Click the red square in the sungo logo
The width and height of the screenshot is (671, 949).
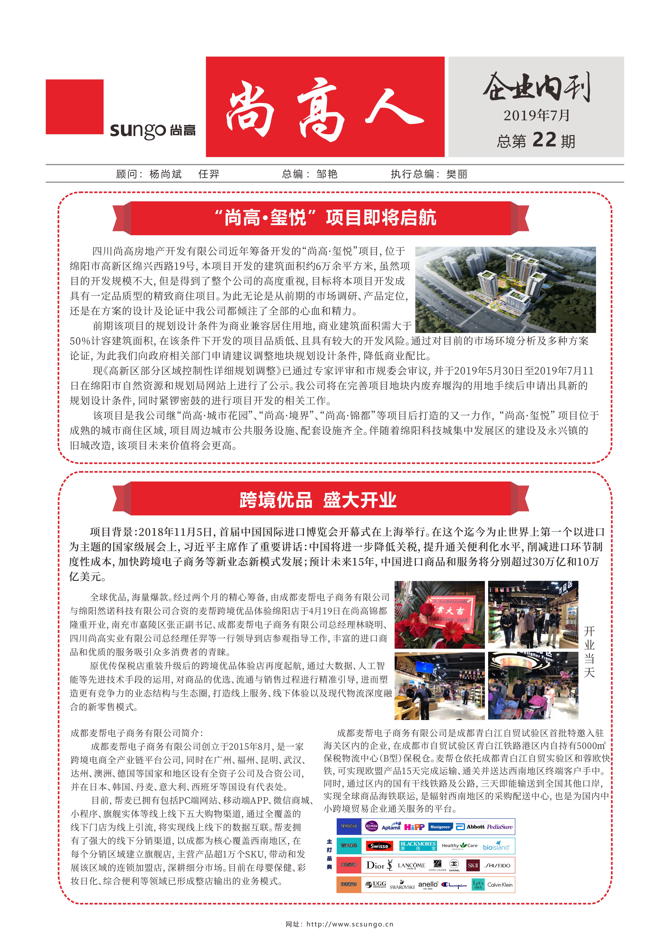pos(74,107)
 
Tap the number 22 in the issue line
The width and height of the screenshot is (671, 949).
pos(544,140)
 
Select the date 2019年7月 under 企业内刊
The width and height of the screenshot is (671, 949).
pos(536,115)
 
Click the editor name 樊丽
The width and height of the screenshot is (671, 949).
pos(457,174)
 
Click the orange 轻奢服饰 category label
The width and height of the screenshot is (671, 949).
pos(349,885)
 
